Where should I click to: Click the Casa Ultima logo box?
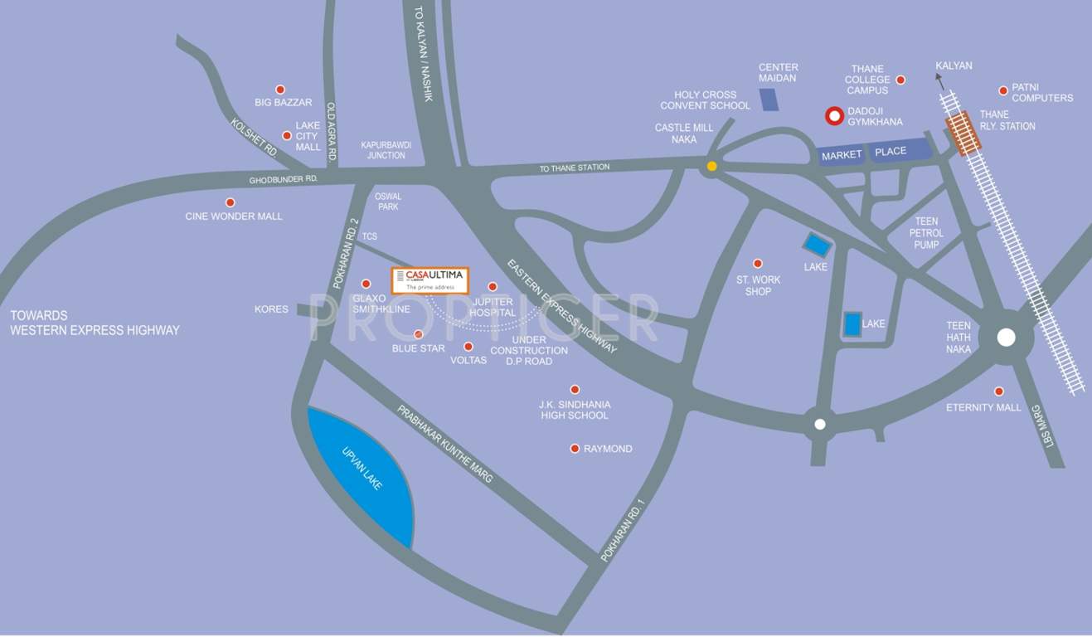tap(430, 280)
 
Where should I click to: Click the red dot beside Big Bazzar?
tap(280, 90)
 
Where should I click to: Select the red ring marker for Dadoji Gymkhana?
tap(834, 116)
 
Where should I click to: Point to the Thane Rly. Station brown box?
tap(962, 134)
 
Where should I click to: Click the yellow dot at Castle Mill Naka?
tap(711, 166)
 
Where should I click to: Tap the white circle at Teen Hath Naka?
tap(1006, 338)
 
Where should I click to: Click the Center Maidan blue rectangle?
tap(769, 99)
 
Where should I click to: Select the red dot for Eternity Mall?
tap(999, 391)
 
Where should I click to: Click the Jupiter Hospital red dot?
tap(493, 286)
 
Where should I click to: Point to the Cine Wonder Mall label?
tap(234, 216)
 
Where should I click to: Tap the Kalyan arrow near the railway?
tap(939, 80)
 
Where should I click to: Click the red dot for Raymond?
tap(575, 449)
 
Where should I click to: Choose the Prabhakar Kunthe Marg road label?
tap(444, 444)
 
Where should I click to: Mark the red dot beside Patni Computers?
tap(1003, 90)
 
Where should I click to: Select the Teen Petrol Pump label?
tap(926, 233)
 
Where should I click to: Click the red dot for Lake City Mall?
tap(287, 136)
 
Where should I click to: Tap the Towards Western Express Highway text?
tap(95, 323)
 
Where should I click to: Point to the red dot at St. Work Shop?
tap(757, 264)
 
